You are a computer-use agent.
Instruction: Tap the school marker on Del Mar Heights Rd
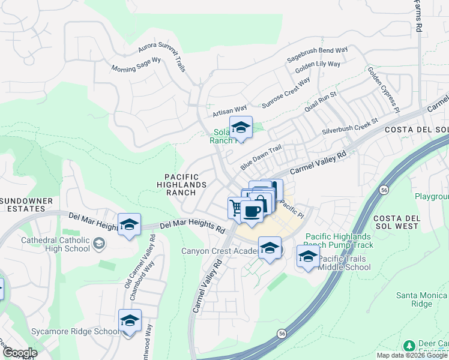tap(129, 225)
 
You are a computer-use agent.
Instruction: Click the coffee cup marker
tap(253, 211)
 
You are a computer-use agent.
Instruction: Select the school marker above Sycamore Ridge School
tap(130, 321)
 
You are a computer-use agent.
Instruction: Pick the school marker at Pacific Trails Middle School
tap(308, 256)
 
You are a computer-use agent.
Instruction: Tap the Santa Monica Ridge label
tap(422, 299)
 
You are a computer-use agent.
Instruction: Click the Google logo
tap(20, 352)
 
